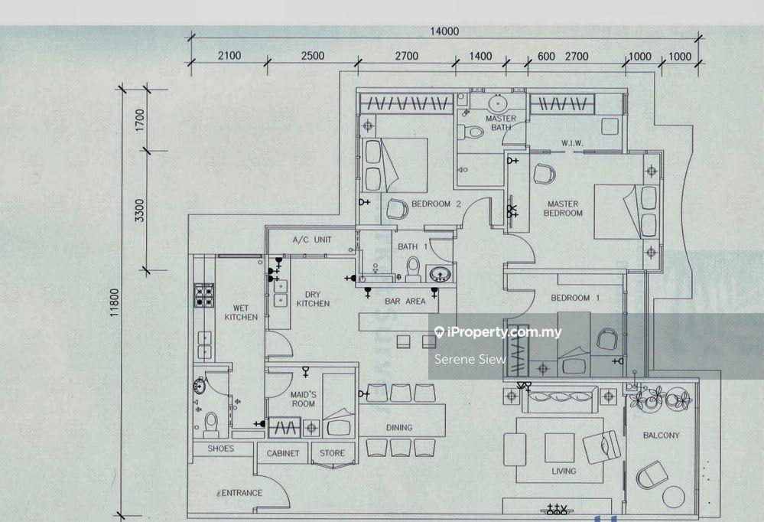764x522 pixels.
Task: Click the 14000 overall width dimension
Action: (444, 31)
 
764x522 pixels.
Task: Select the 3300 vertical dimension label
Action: (138, 210)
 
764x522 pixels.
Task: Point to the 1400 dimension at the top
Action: (480, 56)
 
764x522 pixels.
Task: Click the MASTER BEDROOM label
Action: (562, 208)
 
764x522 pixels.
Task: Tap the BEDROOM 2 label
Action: (436, 204)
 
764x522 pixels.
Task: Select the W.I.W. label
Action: (573, 143)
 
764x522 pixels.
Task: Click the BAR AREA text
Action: (405, 302)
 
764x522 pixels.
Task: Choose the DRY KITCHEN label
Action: (313, 299)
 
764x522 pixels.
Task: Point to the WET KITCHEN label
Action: (241, 312)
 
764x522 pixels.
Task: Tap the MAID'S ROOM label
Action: (303, 399)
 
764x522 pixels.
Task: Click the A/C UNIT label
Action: (312, 240)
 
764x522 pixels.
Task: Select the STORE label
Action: (332, 453)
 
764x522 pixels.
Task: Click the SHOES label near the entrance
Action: (221, 449)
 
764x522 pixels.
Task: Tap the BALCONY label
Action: (661, 436)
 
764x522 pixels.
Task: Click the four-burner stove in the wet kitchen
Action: (205, 295)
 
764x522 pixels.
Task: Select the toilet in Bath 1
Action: (414, 268)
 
